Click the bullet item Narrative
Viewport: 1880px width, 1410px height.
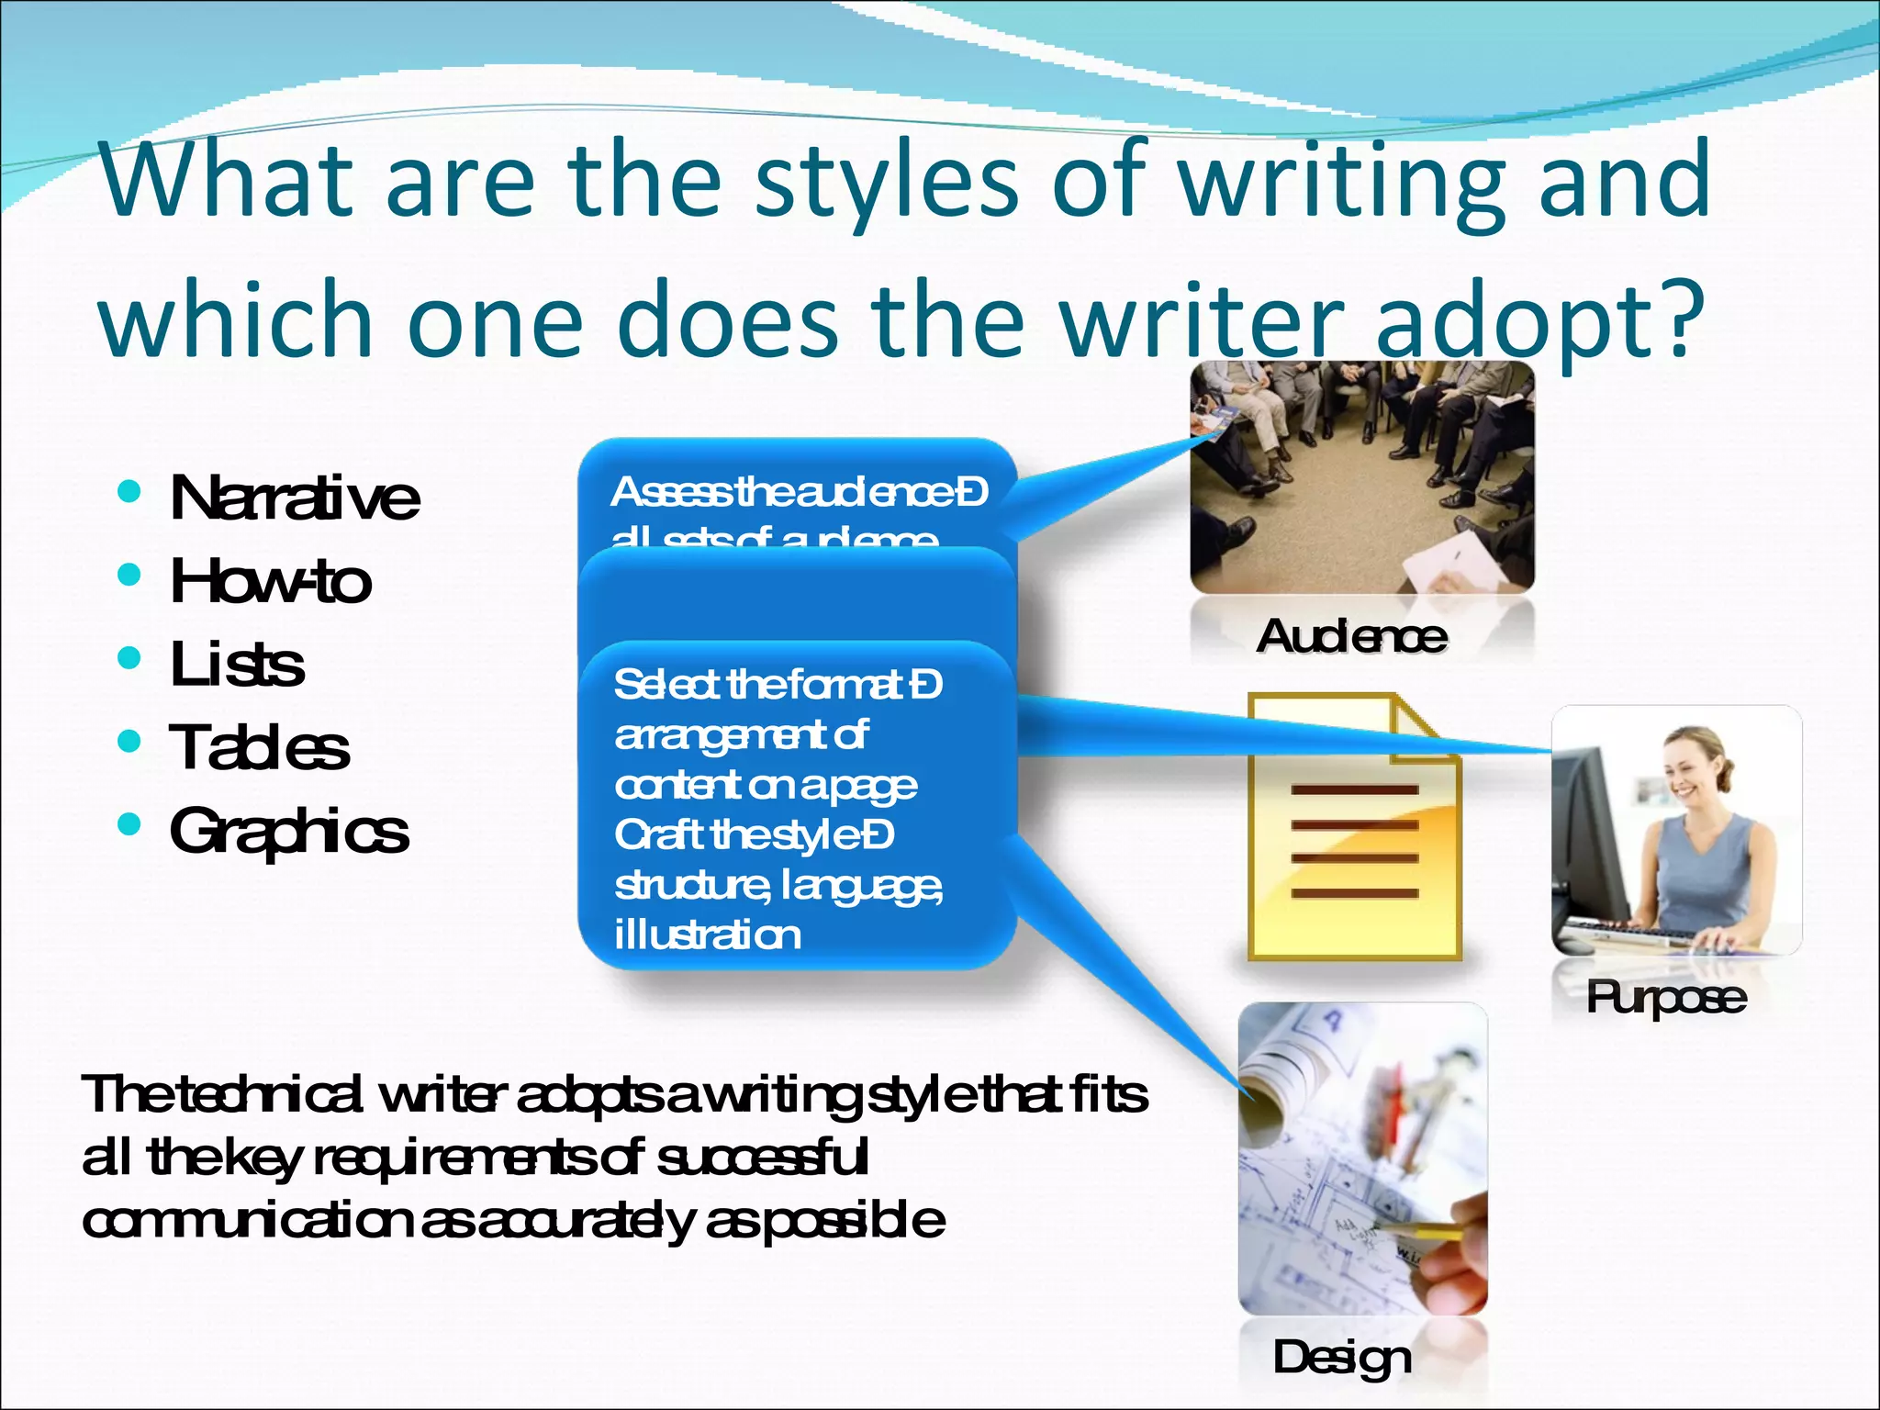tap(295, 498)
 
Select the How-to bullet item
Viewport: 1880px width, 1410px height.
tap(271, 581)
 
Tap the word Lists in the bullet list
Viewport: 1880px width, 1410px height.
tap(237, 665)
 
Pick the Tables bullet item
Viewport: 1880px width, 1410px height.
tap(259, 747)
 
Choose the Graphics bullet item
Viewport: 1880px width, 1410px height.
tap(288, 832)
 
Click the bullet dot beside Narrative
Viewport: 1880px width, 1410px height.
tap(129, 491)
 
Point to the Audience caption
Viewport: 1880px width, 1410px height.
tap(1351, 636)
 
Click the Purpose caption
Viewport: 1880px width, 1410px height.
tap(1665, 998)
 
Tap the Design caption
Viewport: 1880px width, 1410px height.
tap(1341, 1358)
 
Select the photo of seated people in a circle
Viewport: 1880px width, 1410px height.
tap(1361, 477)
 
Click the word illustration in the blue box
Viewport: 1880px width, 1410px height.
tap(707, 935)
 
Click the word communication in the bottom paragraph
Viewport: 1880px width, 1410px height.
tap(247, 1221)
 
